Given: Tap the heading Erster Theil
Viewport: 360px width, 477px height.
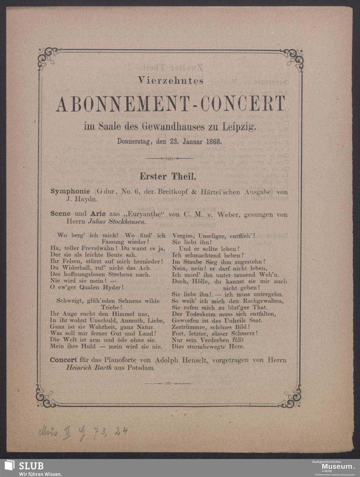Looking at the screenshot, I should pyautogui.click(x=168, y=177).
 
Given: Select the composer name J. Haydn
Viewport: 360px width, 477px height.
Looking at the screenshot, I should pyautogui.click(x=82, y=198).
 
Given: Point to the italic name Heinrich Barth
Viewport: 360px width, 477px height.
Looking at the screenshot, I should pyautogui.click(x=86, y=368).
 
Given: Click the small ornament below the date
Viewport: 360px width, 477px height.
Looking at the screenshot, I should pyautogui.click(x=168, y=158).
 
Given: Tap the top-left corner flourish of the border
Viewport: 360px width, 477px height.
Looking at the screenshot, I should pyautogui.click(x=46, y=57).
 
